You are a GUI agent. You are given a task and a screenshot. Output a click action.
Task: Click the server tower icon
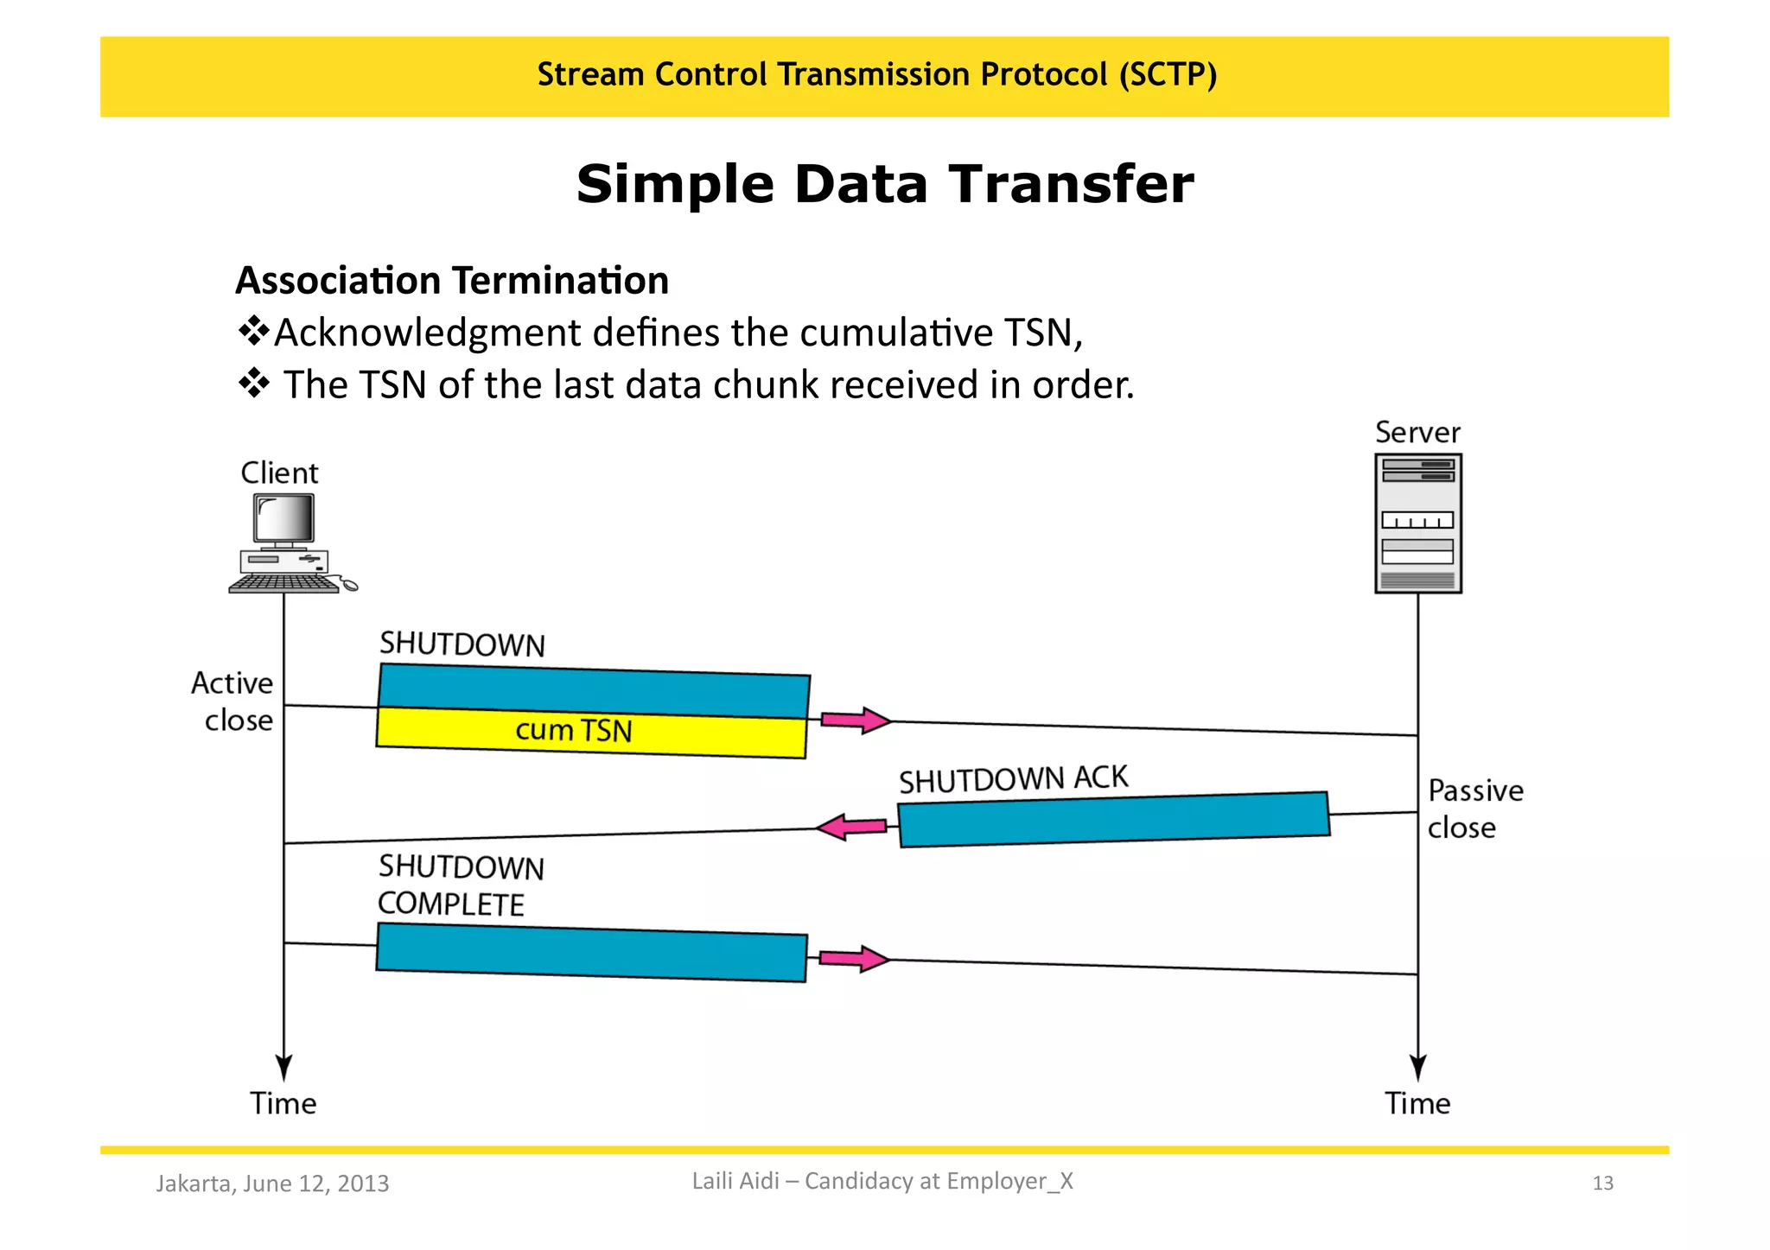point(1417,523)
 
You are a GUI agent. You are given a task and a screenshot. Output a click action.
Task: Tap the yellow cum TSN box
point(591,733)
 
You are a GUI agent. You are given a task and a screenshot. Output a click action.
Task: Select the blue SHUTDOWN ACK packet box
point(1113,819)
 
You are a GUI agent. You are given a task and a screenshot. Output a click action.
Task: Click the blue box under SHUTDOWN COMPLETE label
point(591,952)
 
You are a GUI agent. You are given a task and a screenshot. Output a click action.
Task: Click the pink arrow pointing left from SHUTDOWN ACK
point(852,828)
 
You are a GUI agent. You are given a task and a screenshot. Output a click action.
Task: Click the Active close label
point(232,701)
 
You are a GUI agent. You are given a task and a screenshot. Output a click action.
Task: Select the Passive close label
point(1474,809)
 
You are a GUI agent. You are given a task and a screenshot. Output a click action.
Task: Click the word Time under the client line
point(283,1103)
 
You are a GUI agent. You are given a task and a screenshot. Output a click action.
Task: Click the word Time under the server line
point(1417,1103)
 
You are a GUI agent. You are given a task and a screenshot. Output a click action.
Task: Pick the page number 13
point(1602,1183)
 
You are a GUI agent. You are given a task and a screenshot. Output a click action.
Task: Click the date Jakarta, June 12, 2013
point(272,1183)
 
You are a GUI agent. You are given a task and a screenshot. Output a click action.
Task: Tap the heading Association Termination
point(452,281)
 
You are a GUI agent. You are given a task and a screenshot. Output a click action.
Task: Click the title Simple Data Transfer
point(884,184)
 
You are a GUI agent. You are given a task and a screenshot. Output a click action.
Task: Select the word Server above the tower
point(1417,432)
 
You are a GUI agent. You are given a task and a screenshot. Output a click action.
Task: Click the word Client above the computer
point(279,473)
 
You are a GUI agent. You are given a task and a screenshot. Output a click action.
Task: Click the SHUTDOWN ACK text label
point(1013,778)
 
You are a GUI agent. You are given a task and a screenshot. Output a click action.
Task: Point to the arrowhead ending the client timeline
point(283,1068)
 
